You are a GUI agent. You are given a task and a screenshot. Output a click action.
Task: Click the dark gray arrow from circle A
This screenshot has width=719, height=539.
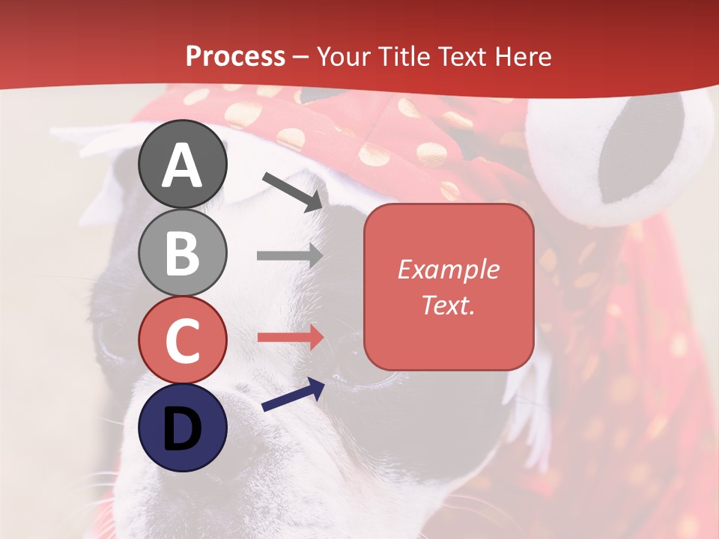coord(293,192)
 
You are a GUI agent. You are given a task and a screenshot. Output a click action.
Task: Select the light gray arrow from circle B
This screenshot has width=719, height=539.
coord(290,255)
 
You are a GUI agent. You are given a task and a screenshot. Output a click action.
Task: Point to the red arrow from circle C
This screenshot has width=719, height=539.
coord(290,337)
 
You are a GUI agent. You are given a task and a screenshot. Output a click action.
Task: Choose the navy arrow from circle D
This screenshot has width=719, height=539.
coord(293,395)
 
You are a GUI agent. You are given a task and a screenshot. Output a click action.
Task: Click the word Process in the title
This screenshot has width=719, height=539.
coord(235,56)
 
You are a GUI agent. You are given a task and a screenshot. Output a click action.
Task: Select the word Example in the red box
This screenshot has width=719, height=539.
coord(448,269)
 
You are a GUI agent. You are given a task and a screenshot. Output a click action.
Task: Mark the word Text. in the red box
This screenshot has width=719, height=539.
coord(448,305)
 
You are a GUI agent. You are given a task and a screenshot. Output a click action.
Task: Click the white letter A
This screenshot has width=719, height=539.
coord(183,165)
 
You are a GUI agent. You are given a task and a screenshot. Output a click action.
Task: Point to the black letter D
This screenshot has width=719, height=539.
coord(183,428)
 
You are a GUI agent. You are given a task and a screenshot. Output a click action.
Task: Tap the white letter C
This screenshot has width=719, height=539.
coord(183,341)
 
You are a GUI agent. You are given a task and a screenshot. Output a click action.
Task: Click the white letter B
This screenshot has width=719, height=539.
coord(183,253)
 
